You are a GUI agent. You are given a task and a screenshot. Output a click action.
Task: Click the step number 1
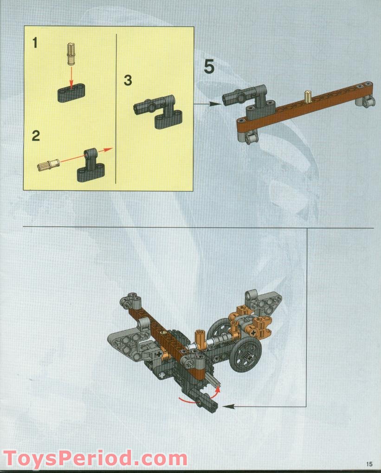click(x=35, y=43)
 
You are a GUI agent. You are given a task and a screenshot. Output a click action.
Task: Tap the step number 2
click(x=36, y=136)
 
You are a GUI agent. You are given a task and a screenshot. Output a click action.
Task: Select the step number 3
click(x=128, y=80)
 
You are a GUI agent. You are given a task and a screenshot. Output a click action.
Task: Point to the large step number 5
click(x=209, y=67)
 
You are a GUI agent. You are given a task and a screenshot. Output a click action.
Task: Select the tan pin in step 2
click(x=48, y=164)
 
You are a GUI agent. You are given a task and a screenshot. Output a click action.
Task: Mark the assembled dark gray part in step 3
click(x=158, y=110)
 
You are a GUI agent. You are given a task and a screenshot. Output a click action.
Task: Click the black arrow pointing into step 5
click(x=207, y=104)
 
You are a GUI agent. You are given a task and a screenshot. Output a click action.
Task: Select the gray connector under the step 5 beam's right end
click(x=366, y=101)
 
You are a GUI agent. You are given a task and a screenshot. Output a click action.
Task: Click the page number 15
click(x=369, y=463)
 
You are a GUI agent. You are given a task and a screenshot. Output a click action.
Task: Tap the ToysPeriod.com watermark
click(x=95, y=458)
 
